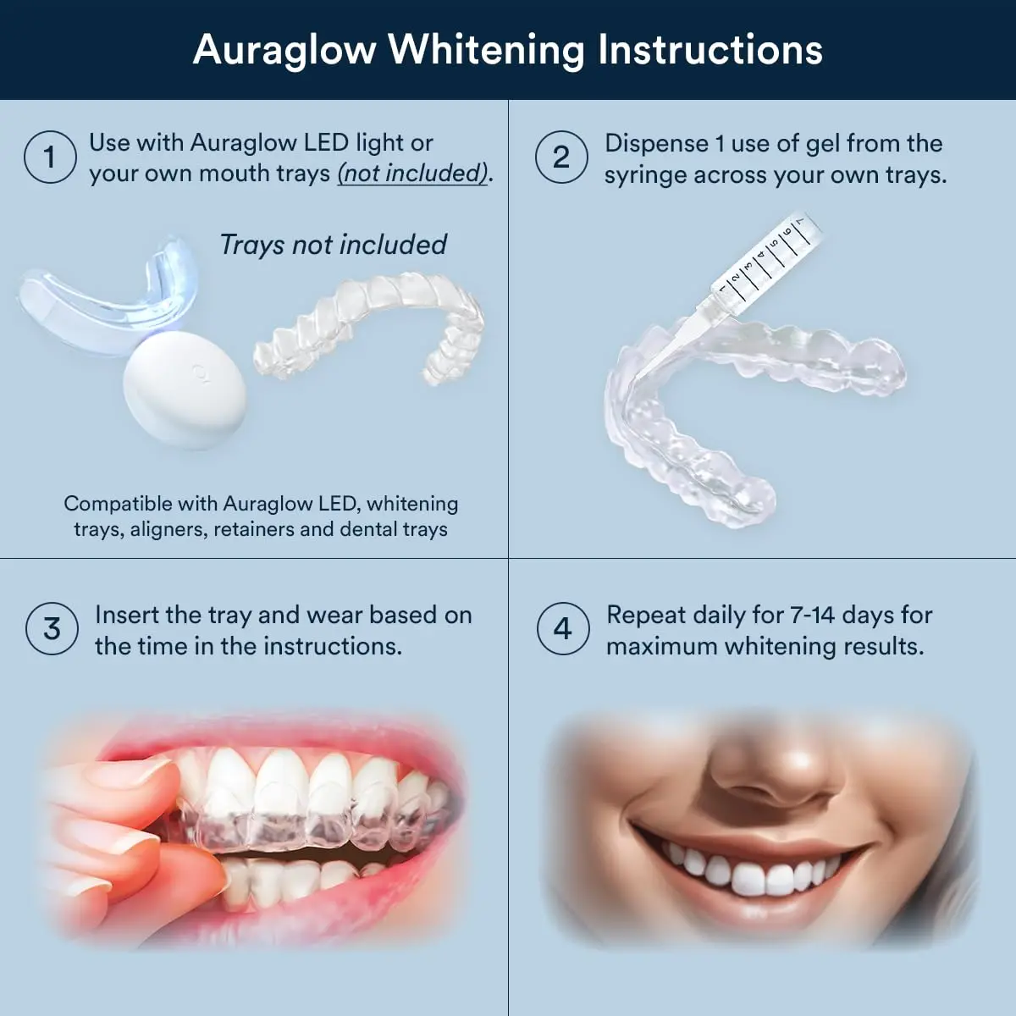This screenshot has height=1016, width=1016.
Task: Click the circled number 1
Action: (x=50, y=157)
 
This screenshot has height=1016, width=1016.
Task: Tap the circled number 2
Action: (x=561, y=157)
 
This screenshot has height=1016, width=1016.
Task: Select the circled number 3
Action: (x=52, y=628)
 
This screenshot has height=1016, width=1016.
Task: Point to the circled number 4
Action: (x=563, y=628)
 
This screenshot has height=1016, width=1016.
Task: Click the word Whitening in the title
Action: (x=486, y=49)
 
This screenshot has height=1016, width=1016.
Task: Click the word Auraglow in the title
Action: (x=284, y=49)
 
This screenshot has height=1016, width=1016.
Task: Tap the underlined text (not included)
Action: (x=413, y=174)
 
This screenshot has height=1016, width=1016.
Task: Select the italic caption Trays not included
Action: (x=333, y=245)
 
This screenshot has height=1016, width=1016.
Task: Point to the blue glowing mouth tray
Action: (x=106, y=292)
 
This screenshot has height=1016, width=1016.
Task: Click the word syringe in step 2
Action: (x=645, y=175)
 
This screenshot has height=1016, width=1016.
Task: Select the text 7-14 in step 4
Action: (x=813, y=615)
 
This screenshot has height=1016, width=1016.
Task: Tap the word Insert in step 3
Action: (x=125, y=615)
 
